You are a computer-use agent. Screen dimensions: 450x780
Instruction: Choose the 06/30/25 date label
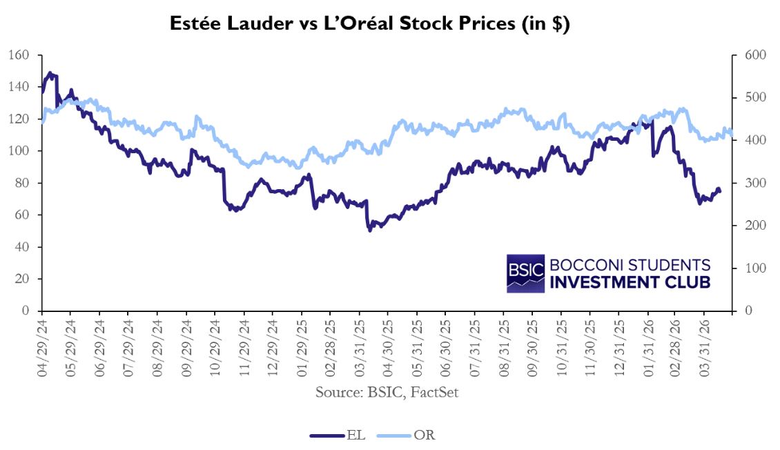(445, 346)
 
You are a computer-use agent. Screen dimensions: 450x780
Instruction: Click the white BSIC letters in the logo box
(526, 273)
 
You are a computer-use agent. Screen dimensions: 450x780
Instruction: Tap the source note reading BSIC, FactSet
(387, 393)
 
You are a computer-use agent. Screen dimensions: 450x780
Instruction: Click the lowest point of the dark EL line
(370, 229)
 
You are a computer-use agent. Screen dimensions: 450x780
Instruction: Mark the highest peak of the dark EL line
(50, 72)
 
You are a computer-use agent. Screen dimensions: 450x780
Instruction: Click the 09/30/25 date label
(532, 346)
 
